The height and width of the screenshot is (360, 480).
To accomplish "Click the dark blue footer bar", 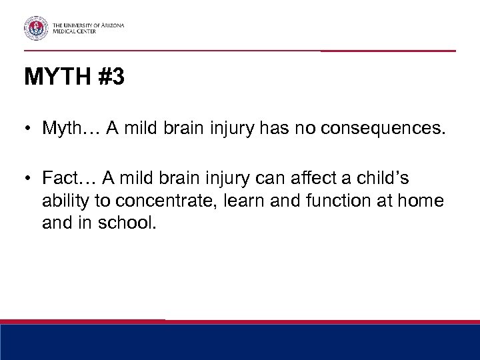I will tap(240, 343).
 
